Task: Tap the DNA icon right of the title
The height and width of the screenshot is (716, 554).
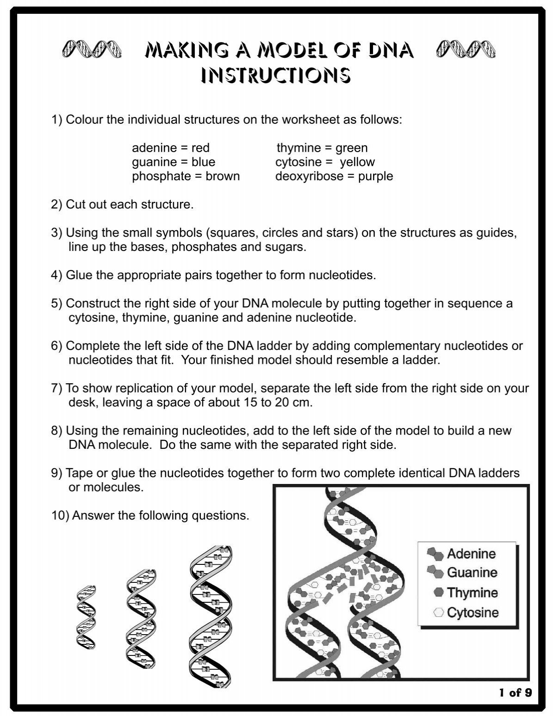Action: pyautogui.click(x=467, y=48)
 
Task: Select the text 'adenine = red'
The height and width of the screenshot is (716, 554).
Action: pyautogui.click(x=170, y=148)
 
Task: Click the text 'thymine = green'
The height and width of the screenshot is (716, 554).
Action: pyautogui.click(x=322, y=148)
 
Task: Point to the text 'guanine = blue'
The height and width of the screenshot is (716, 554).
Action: pyautogui.click(x=173, y=162)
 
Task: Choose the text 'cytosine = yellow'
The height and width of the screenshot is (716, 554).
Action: pyautogui.click(x=325, y=162)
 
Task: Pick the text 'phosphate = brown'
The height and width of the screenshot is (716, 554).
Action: pyautogui.click(x=186, y=176)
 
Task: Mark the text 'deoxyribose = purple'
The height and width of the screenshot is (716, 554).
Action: pyautogui.click(x=334, y=176)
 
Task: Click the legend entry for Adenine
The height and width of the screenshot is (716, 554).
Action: pyautogui.click(x=470, y=553)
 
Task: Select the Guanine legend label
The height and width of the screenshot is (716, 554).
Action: pyautogui.click(x=471, y=573)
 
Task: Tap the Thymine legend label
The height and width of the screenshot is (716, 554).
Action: pyautogui.click(x=472, y=593)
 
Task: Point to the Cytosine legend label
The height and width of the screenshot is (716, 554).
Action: pyautogui.click(x=472, y=612)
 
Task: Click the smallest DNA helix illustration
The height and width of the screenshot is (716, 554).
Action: pyautogui.click(x=86, y=617)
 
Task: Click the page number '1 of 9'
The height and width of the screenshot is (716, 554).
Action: pyautogui.click(x=515, y=692)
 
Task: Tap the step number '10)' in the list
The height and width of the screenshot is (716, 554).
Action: pyautogui.click(x=60, y=515)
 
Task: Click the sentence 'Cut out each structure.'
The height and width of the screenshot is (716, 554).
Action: pyautogui.click(x=130, y=204)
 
